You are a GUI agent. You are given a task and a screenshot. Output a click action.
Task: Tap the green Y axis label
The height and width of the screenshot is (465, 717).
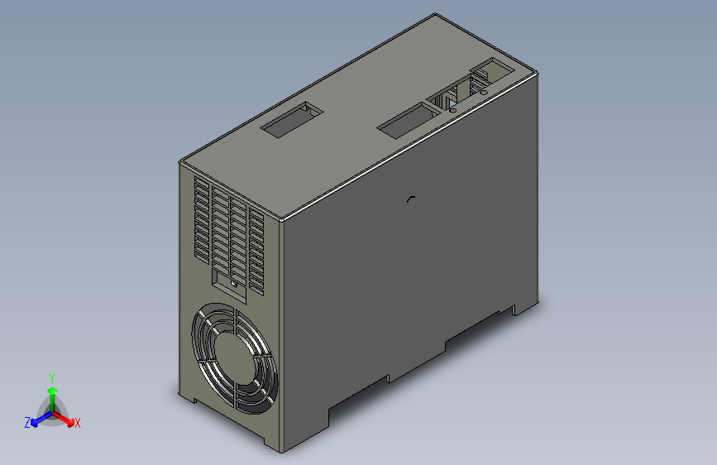click(52, 376)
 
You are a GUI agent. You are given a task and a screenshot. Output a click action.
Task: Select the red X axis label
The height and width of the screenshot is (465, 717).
click(77, 423)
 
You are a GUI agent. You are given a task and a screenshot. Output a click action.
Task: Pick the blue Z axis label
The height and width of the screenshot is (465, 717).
click(27, 422)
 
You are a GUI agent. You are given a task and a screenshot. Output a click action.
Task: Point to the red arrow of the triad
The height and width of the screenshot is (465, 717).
click(66, 418)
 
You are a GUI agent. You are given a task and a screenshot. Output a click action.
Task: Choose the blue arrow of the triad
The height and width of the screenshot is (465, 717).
click(38, 418)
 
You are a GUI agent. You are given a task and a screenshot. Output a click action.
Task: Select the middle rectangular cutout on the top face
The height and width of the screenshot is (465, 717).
click(408, 121)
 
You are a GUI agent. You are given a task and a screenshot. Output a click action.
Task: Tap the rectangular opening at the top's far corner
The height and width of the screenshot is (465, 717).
click(494, 70)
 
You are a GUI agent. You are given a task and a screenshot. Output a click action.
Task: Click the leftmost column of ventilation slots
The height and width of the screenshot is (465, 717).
click(202, 219)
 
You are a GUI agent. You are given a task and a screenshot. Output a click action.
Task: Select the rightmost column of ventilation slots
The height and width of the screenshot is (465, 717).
click(256, 252)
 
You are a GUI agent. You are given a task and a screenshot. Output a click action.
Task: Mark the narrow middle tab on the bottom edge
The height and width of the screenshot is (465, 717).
click(417, 362)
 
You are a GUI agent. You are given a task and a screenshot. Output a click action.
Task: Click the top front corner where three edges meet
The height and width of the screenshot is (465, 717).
click(281, 222)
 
